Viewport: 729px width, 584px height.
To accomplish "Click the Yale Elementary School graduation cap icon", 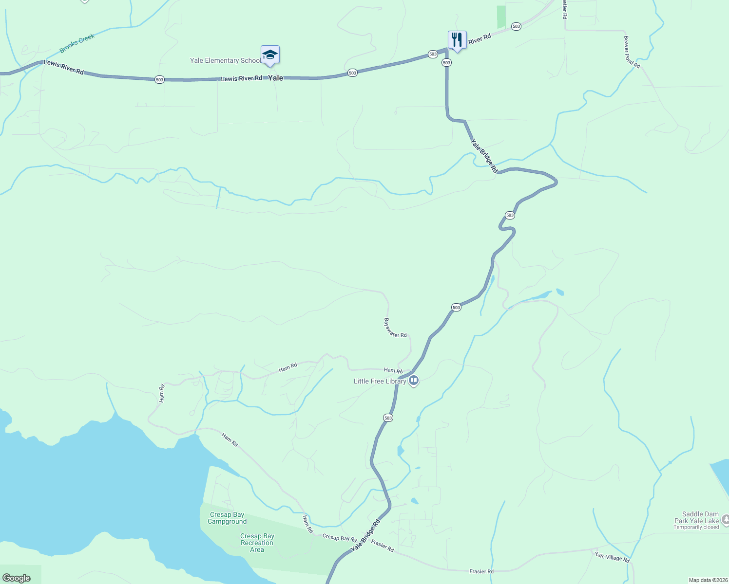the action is [270, 55].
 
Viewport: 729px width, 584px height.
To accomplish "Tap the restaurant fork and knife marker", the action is [457, 39].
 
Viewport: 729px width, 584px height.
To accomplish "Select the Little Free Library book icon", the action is [414, 381].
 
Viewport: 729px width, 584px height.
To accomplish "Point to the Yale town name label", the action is [275, 78].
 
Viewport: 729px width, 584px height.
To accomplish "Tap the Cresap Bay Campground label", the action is [227, 518].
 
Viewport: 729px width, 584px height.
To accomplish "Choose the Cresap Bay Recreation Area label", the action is [257, 543].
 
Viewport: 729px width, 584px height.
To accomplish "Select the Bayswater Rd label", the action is [395, 328].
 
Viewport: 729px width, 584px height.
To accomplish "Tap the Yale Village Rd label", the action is [612, 557].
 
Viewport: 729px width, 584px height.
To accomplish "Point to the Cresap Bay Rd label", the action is [340, 538].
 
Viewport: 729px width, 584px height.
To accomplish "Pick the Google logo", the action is [16, 578].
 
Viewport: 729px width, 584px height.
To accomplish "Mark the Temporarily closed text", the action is [696, 528].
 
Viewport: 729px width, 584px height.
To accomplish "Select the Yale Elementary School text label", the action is [225, 61].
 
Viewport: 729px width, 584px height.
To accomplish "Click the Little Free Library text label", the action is [380, 382].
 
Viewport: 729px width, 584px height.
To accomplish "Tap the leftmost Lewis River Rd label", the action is [64, 67].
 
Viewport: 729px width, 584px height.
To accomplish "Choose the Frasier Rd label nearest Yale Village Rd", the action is [481, 571].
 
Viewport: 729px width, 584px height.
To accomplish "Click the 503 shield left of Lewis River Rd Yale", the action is [159, 79].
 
